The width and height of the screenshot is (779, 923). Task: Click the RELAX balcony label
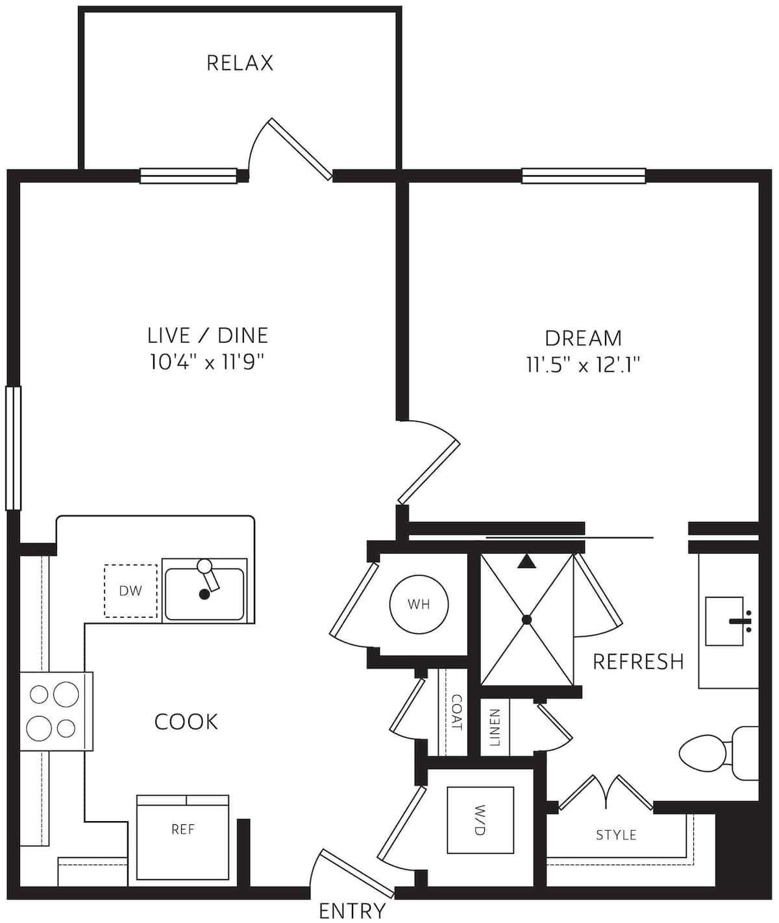240,63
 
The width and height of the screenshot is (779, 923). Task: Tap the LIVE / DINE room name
208,335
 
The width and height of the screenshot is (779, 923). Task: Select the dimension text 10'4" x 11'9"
208,362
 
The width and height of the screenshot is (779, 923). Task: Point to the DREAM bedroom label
583,338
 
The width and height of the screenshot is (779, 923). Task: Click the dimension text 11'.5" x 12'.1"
583,365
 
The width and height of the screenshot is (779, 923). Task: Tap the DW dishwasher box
130,591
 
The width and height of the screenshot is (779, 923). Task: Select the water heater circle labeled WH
419,604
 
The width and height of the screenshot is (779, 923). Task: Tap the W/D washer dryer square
480,820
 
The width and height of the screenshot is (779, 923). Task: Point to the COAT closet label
456,712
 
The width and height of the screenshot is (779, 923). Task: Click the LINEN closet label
495,727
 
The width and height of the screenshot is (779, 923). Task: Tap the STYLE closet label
616,835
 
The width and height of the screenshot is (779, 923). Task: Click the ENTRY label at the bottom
352,911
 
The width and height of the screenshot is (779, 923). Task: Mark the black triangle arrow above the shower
526,561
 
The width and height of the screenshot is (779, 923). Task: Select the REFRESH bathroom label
638,661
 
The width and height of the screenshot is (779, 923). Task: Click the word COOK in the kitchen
186,721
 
